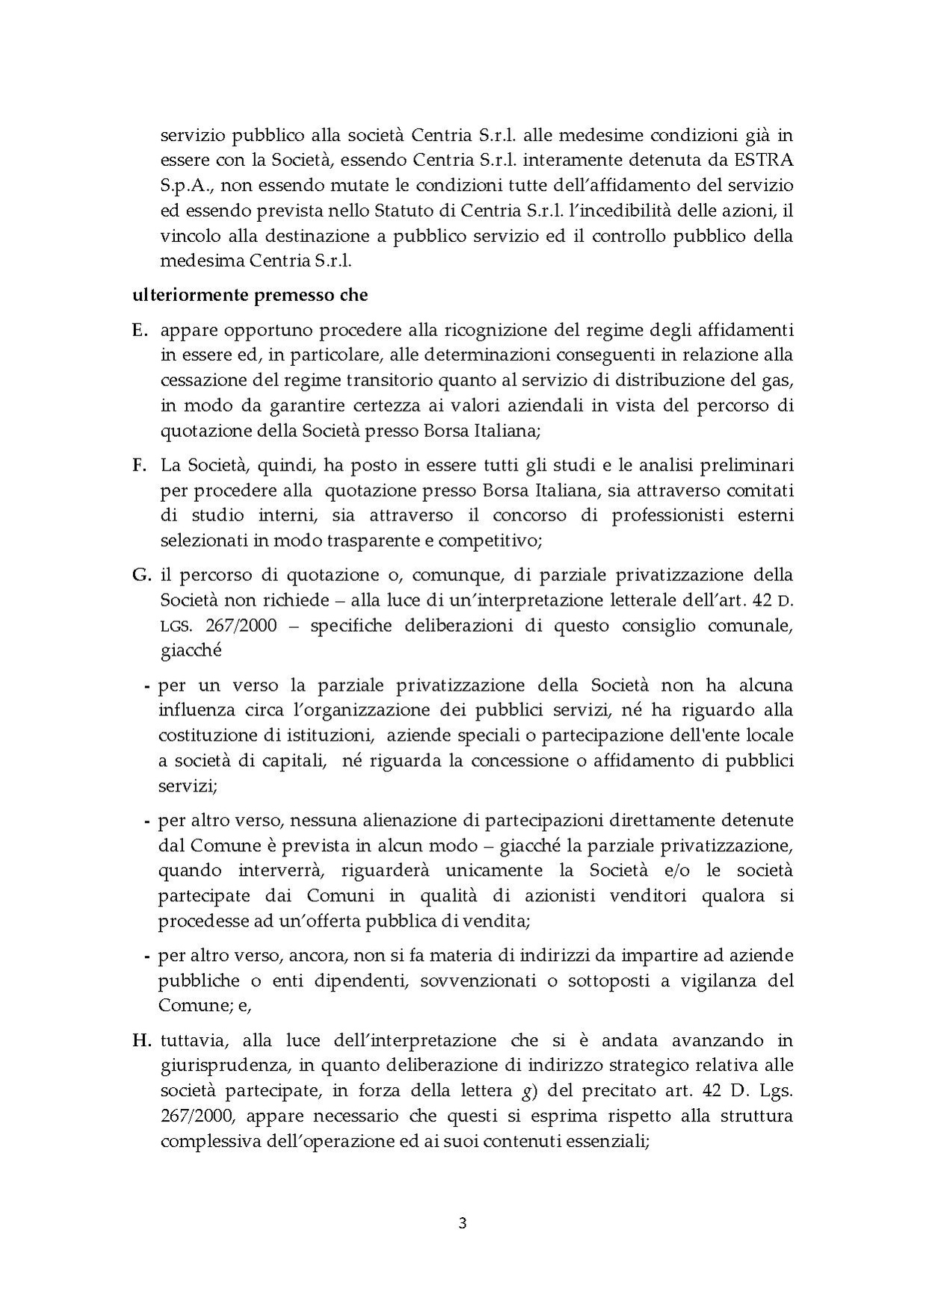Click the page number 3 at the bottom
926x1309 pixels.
(463, 1223)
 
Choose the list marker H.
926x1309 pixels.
(142, 1040)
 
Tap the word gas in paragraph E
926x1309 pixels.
(778, 380)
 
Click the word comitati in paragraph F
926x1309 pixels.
(759, 490)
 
